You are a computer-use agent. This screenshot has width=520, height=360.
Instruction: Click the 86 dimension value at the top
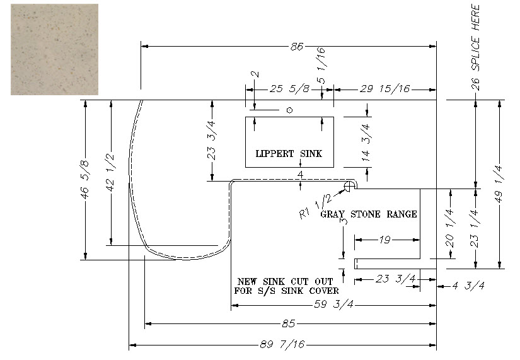point(296,47)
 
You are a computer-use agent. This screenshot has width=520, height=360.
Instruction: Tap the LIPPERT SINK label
point(289,154)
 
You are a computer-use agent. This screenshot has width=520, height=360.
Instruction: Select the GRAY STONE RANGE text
point(369,214)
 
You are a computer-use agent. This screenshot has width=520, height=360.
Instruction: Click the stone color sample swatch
point(54,49)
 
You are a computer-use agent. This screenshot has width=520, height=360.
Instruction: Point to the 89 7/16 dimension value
point(282,344)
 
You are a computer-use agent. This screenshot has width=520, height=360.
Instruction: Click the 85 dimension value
point(289,323)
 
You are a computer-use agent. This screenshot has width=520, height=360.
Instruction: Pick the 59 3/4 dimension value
point(334,305)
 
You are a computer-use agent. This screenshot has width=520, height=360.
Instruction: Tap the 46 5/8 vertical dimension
point(85,180)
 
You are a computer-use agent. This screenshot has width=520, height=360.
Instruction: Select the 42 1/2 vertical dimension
point(110,172)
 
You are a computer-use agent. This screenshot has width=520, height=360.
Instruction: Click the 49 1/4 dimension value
point(499,183)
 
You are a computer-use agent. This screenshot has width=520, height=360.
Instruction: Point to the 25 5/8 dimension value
point(290,89)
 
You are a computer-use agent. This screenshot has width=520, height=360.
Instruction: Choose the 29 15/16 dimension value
point(384,89)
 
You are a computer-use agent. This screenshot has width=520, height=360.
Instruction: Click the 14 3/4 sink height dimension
point(366,142)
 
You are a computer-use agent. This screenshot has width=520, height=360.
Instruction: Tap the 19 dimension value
point(384,240)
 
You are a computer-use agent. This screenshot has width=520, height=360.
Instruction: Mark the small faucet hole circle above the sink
point(289,110)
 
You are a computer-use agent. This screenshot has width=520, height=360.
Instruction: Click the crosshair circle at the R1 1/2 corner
point(349,187)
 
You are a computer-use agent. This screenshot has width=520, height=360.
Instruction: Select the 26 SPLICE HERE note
point(475,47)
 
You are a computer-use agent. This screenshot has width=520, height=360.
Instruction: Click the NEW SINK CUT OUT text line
point(285,282)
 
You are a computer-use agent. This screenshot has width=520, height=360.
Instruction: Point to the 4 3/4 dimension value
point(468,286)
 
